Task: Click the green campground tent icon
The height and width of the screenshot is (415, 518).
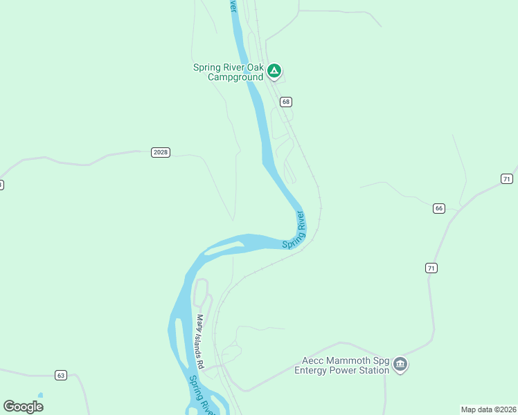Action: coord(274,71)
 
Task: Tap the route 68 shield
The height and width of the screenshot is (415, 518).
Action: coord(286,102)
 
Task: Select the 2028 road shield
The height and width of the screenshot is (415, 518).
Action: coord(160,152)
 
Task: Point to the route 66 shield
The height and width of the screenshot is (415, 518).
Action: coord(438,208)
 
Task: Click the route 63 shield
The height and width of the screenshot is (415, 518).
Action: coord(61,376)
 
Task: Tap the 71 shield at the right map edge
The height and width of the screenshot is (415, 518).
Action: coord(507,178)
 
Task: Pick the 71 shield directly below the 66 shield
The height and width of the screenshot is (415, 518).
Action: coord(431,268)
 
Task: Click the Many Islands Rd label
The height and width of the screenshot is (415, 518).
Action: coord(200,341)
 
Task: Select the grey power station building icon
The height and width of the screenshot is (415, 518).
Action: coord(400,365)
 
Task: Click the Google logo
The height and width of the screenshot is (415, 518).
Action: coord(24,406)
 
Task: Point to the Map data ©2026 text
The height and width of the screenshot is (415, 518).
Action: coord(488,409)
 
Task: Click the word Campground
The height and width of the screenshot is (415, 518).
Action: coord(235,77)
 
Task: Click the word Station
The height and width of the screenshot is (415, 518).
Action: coord(372,370)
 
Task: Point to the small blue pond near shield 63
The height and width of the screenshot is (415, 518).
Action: coord(40,396)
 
